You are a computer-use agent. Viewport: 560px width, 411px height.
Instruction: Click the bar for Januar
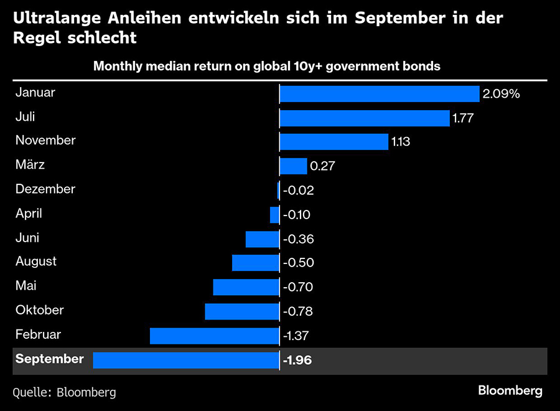(379, 93)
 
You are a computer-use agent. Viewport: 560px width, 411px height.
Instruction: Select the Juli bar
(365, 118)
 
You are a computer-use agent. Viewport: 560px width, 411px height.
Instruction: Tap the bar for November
(334, 142)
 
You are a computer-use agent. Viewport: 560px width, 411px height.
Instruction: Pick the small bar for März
(293, 166)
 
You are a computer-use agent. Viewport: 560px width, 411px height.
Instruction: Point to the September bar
(186, 360)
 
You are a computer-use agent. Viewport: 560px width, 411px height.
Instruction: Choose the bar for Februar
(215, 336)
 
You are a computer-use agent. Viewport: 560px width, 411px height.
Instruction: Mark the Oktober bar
(242, 311)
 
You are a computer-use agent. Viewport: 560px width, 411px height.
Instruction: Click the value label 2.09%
(500, 94)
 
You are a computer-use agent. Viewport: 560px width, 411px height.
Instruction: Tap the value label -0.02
(298, 191)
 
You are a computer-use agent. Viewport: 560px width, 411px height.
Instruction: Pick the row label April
(29, 214)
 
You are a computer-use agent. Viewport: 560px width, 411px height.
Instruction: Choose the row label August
(36, 262)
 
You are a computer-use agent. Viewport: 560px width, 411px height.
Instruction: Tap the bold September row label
(49, 359)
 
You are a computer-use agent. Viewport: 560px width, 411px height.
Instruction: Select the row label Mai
(26, 286)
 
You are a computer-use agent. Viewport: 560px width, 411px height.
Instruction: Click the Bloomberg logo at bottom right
(510, 391)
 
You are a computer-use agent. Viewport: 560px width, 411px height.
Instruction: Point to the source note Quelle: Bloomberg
(64, 392)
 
